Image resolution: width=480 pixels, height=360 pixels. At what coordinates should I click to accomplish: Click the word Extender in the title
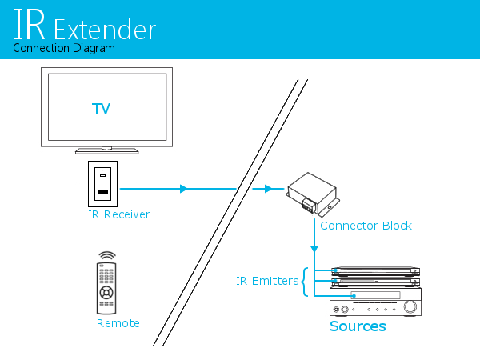click(105, 30)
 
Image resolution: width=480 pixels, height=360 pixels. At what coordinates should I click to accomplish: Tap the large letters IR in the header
click(30, 26)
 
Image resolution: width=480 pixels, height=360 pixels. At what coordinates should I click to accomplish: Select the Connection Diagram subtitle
click(64, 48)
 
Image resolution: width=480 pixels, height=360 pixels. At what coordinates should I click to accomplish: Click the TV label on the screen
click(102, 107)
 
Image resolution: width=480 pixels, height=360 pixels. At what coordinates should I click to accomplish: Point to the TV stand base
click(106, 150)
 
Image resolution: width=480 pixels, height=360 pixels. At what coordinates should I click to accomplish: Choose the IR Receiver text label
click(119, 214)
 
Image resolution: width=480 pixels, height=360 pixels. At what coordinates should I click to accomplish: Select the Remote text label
click(118, 323)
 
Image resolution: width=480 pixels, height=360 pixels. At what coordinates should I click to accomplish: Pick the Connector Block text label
click(366, 226)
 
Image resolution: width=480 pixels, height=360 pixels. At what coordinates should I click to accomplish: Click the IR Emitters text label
click(266, 281)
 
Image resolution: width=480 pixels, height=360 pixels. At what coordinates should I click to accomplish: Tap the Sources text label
click(358, 326)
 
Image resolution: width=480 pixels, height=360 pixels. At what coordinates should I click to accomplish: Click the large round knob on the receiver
click(410, 307)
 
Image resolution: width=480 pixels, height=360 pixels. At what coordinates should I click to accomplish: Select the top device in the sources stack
click(374, 270)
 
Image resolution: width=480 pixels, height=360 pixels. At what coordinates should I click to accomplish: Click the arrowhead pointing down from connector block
click(314, 249)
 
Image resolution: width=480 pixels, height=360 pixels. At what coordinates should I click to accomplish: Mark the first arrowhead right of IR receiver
click(184, 189)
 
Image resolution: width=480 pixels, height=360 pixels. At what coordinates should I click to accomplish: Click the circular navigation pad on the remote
click(106, 293)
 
